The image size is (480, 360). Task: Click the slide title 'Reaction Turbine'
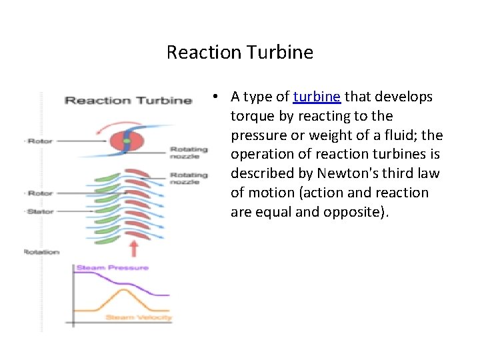coord(239,52)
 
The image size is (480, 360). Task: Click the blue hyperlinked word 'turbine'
coord(317,97)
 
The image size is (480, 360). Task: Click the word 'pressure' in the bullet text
coord(257,136)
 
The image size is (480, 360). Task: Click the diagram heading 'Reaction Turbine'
coord(127,101)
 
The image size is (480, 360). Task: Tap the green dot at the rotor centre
coord(126,141)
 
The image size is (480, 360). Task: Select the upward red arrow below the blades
coord(133,249)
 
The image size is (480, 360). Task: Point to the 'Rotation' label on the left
coord(41,252)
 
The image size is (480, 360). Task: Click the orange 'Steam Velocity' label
coord(139,317)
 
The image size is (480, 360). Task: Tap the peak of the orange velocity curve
coord(123,289)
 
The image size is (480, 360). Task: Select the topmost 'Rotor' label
coord(39,141)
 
